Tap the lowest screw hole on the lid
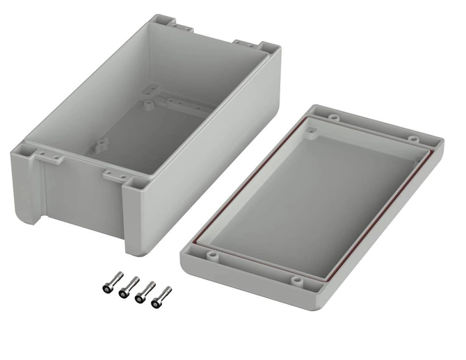pyautogui.click(x=298, y=281)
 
